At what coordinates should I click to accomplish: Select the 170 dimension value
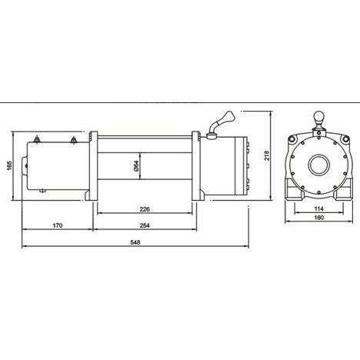[x=57, y=225]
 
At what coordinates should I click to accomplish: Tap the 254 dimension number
[x=145, y=225]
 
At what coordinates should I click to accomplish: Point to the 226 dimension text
[x=144, y=208]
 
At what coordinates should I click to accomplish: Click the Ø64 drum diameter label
[x=135, y=165]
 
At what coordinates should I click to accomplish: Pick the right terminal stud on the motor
[x=73, y=139]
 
